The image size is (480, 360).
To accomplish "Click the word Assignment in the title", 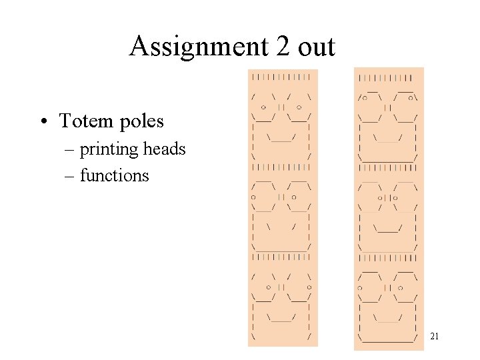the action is [x=190, y=47].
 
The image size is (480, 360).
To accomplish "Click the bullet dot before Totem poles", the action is [x=43, y=121].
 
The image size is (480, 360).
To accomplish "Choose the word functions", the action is [x=114, y=176].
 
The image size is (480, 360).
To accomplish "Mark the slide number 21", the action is [x=435, y=337].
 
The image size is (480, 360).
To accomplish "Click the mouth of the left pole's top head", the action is [x=281, y=139].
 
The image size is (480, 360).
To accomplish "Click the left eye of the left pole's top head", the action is [x=264, y=107].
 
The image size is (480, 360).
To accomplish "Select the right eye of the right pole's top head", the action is [x=413, y=98].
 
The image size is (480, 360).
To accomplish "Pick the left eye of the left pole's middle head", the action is [x=253, y=197].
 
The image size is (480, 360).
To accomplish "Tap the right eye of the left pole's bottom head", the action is [x=299, y=287].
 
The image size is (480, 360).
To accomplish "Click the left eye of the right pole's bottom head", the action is [x=360, y=289].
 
